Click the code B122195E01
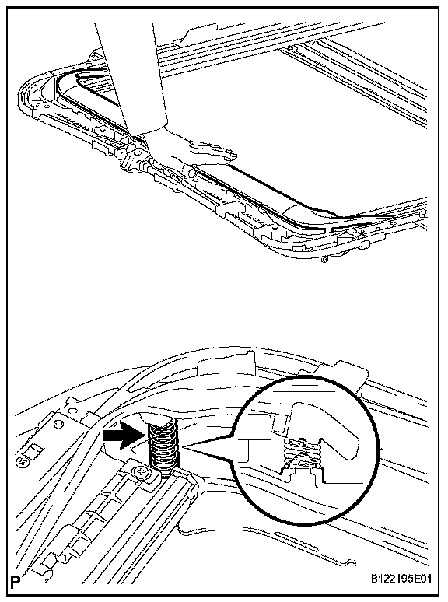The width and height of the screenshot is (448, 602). [401, 578]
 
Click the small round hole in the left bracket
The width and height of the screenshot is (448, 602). [59, 425]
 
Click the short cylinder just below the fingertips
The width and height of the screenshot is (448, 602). [191, 171]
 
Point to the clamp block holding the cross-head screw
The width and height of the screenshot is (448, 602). [145, 472]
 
